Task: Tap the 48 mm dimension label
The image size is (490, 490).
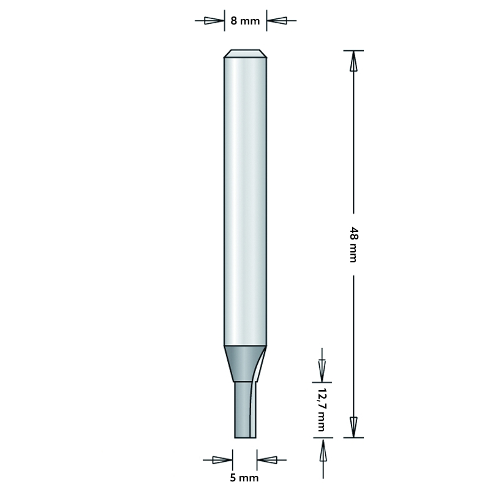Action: [x=352, y=244]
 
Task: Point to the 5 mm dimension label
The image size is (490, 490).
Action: [x=245, y=477]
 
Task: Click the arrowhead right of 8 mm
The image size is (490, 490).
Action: [x=277, y=21]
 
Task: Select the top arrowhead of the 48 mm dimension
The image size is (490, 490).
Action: [x=353, y=61]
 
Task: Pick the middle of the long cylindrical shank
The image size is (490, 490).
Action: [x=245, y=202]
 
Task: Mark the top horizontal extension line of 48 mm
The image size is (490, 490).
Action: [x=353, y=50]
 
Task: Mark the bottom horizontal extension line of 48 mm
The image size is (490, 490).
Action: [x=353, y=437]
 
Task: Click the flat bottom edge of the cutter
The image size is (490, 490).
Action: [x=245, y=437]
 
